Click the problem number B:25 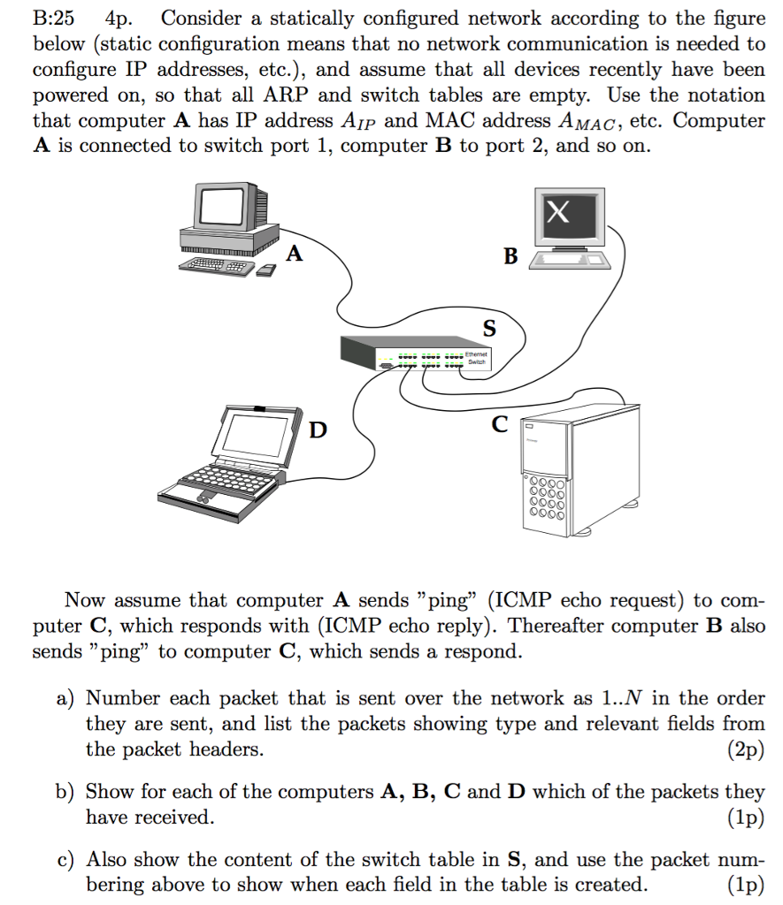point(53,18)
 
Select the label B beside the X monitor point(510,256)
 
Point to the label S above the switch point(489,329)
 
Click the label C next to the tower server point(500,425)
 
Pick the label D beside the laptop point(318,430)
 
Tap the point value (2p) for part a point(745,750)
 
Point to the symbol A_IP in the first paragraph point(353,121)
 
